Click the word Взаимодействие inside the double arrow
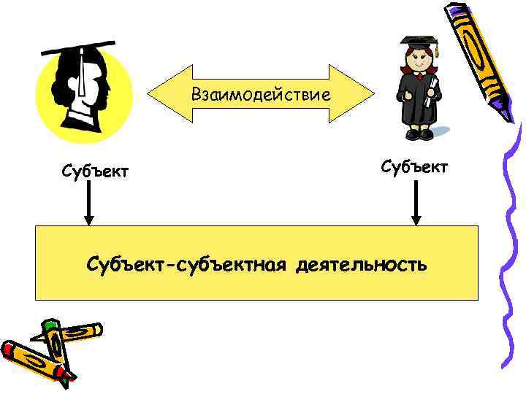click(x=261, y=94)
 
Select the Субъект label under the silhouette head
click(x=96, y=171)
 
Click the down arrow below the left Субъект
click(x=88, y=204)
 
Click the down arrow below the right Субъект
click(x=416, y=204)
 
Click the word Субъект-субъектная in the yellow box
click(x=188, y=263)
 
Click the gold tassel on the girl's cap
click(x=436, y=52)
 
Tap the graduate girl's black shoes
click(x=419, y=134)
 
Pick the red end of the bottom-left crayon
click(x=9, y=349)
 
